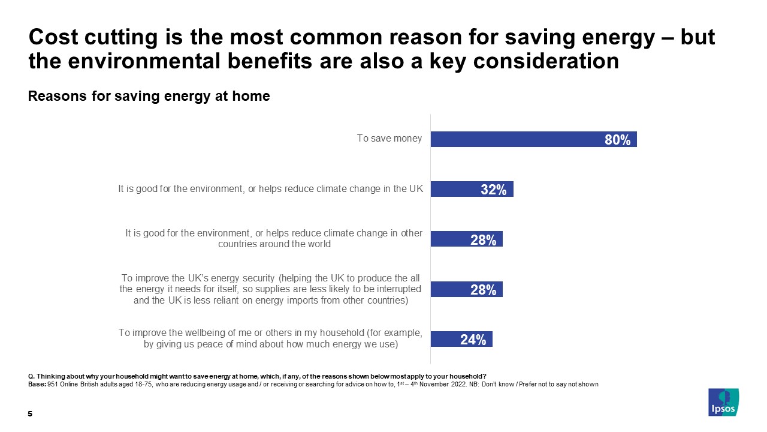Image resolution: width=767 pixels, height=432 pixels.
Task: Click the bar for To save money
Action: (x=533, y=139)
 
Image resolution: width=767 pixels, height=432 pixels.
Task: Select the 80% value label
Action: (x=617, y=140)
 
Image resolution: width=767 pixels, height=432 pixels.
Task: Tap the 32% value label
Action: (x=494, y=190)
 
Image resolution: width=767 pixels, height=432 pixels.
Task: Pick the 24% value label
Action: (x=473, y=340)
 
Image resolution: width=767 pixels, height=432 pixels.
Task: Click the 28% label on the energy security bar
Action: (x=483, y=290)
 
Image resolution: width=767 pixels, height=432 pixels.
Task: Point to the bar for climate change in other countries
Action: (x=466, y=239)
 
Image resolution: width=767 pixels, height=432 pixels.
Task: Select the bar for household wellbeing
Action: (x=461, y=339)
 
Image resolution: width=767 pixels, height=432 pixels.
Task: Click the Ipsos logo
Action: (x=723, y=402)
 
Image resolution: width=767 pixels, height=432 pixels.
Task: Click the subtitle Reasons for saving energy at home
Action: (x=149, y=96)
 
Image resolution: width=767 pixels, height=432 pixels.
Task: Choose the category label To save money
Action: (x=389, y=139)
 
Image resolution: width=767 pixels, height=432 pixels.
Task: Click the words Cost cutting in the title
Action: (x=90, y=38)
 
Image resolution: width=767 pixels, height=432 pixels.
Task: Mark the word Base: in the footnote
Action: (x=37, y=384)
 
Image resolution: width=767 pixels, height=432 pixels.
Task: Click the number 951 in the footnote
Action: (x=52, y=384)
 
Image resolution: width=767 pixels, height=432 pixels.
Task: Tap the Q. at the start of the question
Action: (x=31, y=377)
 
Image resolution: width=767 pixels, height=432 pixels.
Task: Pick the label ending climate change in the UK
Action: (x=270, y=189)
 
